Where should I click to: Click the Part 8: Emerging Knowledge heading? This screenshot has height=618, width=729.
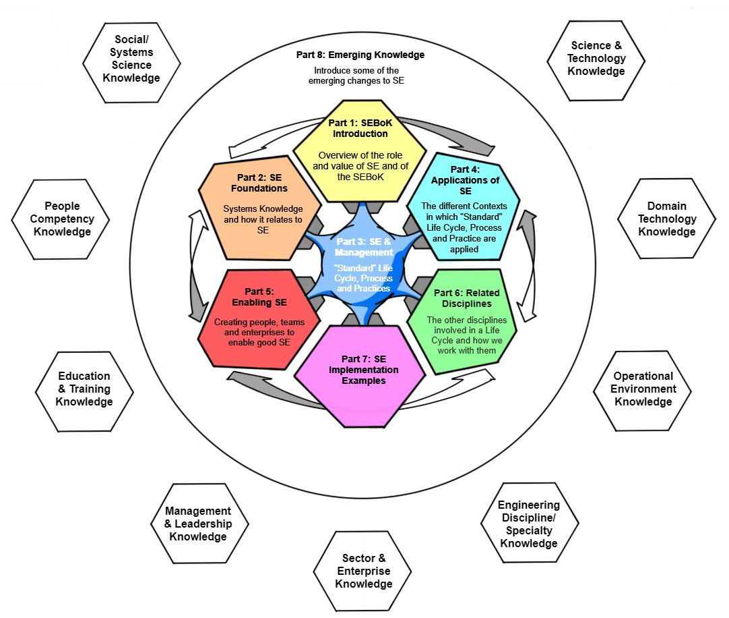(x=360, y=55)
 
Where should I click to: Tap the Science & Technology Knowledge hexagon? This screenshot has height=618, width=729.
(x=596, y=59)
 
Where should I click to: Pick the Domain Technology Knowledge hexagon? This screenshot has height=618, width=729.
(x=666, y=219)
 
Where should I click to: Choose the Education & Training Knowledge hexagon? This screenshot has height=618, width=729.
(x=84, y=389)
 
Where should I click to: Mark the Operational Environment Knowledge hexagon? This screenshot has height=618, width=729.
(x=643, y=389)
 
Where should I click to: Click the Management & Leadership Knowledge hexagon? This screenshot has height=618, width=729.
(x=198, y=524)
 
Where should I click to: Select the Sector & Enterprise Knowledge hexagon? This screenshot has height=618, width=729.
(x=363, y=571)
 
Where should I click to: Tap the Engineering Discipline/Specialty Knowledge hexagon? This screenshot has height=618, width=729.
(x=529, y=524)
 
